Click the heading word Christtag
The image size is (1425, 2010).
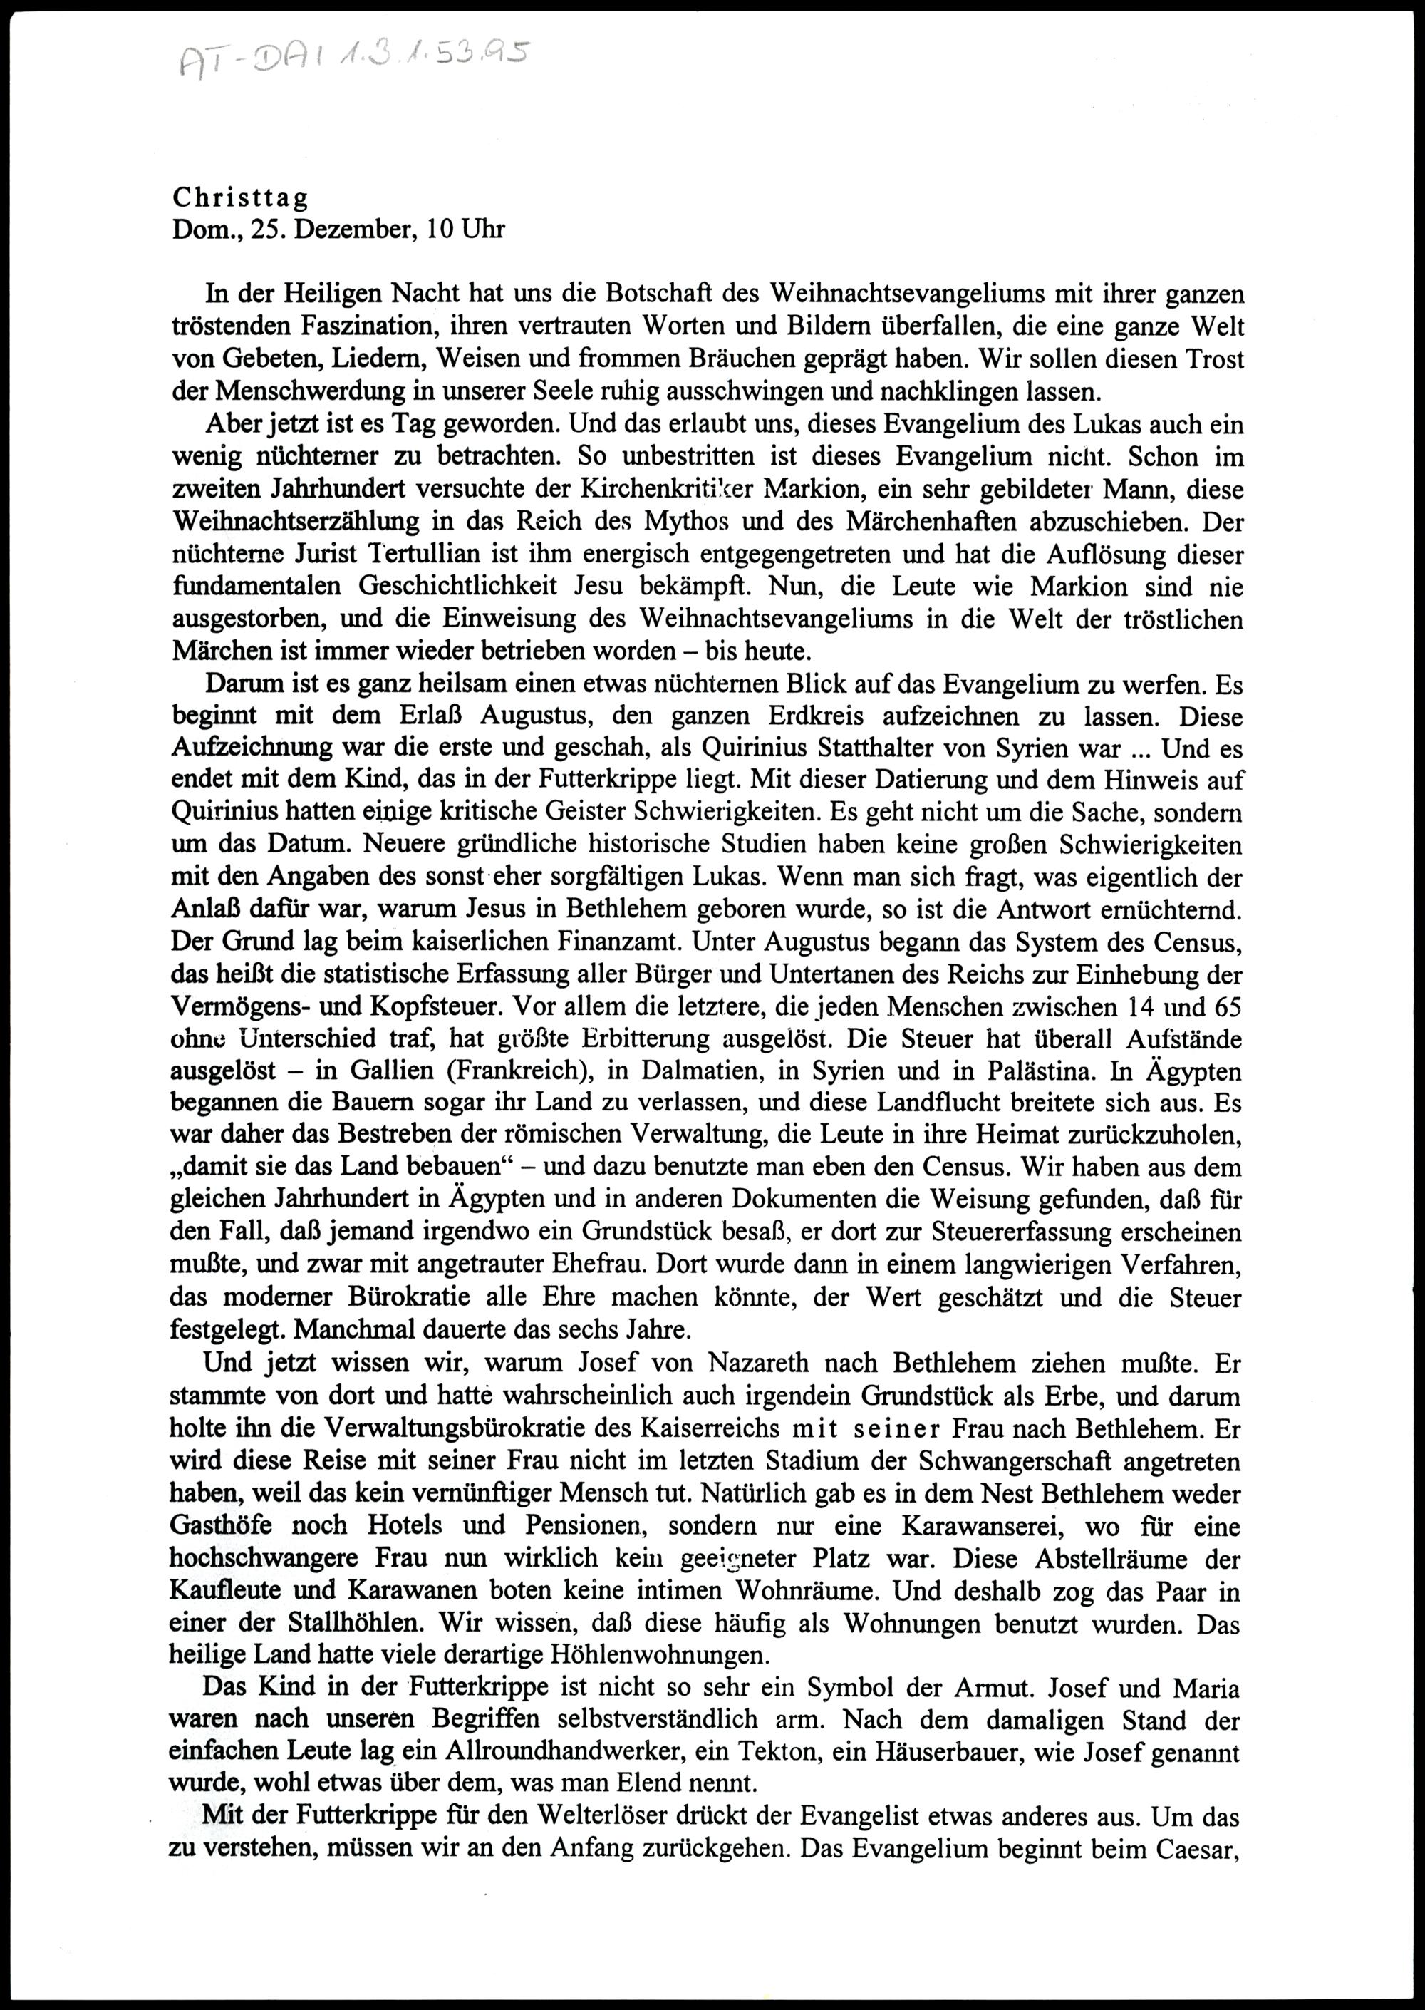click(x=239, y=197)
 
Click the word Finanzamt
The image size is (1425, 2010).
click(x=621, y=942)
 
